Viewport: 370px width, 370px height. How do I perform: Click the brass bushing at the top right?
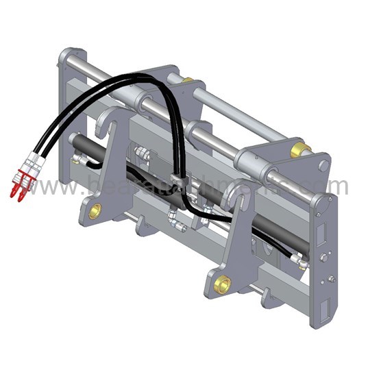tap(299, 150)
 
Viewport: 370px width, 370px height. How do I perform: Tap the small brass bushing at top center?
tap(188, 80)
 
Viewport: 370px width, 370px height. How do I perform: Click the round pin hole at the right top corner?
tap(323, 165)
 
